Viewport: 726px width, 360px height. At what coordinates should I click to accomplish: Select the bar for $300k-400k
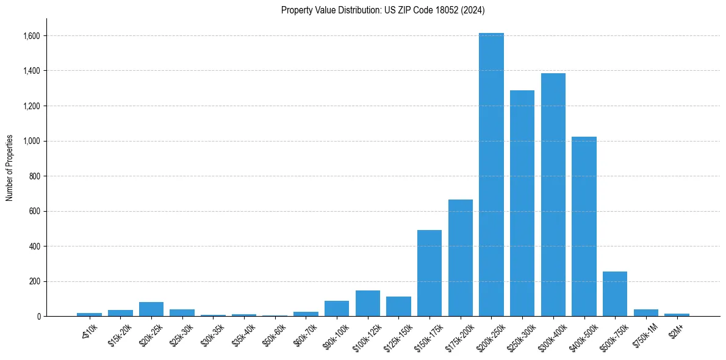point(553,195)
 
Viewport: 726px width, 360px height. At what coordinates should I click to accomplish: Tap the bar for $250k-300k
point(522,204)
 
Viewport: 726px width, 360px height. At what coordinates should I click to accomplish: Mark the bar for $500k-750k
point(614,294)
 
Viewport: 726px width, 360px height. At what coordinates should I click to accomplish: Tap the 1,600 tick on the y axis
point(32,36)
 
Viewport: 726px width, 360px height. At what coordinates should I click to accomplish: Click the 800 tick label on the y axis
point(35,176)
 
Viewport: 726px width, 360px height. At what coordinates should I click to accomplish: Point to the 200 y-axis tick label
point(35,282)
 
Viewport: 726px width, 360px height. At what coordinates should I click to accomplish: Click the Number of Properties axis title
point(9,168)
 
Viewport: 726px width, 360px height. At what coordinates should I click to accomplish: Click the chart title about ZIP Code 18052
point(383,10)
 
